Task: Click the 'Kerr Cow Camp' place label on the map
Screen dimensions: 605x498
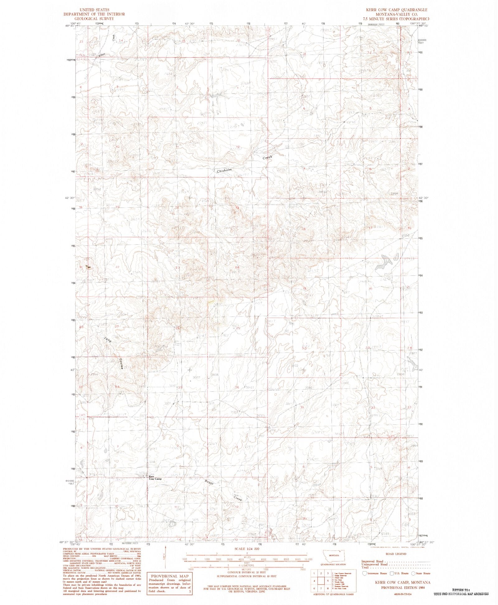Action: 155,478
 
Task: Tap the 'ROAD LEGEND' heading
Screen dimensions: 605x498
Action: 396,554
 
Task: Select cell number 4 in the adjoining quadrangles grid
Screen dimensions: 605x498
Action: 314,580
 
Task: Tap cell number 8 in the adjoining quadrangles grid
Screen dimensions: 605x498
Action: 328,588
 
